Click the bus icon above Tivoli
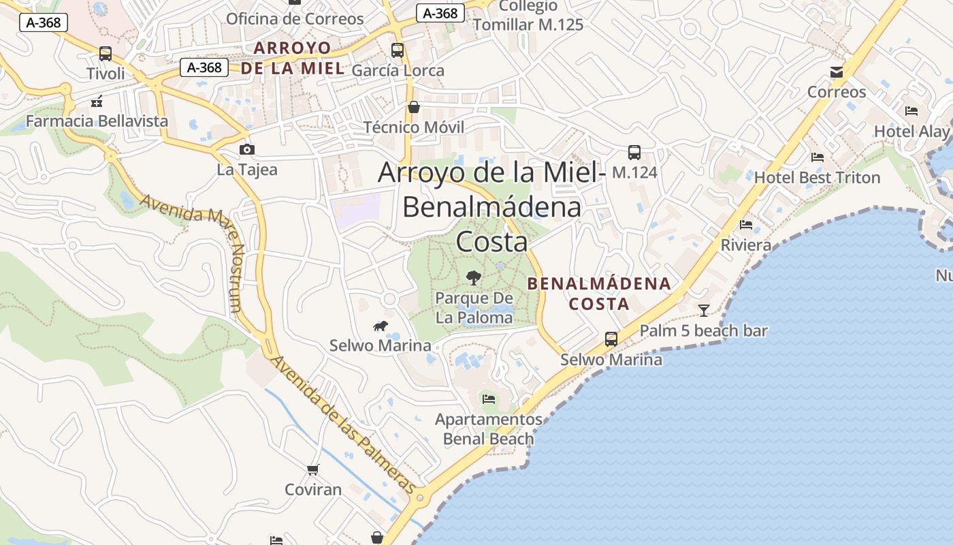tap(106, 53)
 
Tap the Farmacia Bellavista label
tap(97, 121)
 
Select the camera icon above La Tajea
tap(246, 150)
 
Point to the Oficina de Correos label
tap(295, 18)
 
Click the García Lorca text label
tap(398, 70)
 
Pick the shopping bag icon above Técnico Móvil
tap(413, 107)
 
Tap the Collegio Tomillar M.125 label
tap(528, 16)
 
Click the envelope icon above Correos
tap(837, 72)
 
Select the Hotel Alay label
tap(911, 131)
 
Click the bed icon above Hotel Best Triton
tap(818, 157)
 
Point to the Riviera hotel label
tap(746, 245)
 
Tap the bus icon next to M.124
tap(634, 152)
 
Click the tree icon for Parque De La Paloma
tap(473, 277)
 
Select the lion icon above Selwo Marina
tap(381, 326)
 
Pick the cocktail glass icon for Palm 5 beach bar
tap(704, 311)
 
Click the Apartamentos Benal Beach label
tap(489, 429)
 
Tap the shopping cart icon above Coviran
tap(313, 469)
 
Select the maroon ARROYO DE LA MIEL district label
tap(293, 58)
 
